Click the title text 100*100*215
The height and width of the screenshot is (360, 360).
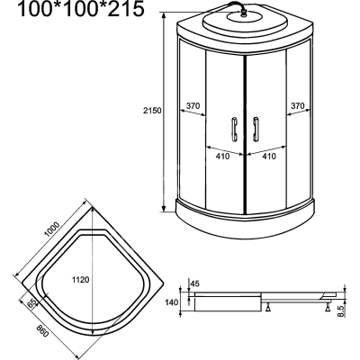coord(81,9)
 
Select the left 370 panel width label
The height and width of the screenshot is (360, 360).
coord(193,105)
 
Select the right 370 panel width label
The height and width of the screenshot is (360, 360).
coord(298,105)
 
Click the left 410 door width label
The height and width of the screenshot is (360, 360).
coord(222,156)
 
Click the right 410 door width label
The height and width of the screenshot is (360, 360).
coord(269,156)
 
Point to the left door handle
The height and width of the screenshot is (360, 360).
coord(234,129)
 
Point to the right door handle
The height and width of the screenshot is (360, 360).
coord(256,129)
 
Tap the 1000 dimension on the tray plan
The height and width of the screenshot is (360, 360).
coord(52,229)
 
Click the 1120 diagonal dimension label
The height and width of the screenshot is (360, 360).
coord(80,280)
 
